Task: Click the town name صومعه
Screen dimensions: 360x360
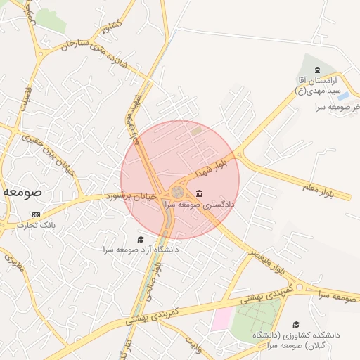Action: pos(22,191)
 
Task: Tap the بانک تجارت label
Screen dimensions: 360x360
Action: pos(39,226)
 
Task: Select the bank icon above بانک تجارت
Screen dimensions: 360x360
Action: pos(37,214)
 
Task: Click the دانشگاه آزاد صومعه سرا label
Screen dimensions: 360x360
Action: pos(141,250)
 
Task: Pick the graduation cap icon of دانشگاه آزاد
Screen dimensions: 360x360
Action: pos(140,239)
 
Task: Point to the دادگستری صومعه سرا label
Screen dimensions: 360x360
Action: pos(200,205)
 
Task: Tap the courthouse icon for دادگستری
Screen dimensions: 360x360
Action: pos(200,193)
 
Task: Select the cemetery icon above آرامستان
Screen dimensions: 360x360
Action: pos(318,70)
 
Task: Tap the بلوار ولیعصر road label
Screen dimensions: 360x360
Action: pos(268,260)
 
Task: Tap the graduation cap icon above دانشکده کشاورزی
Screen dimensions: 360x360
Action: pos(296,324)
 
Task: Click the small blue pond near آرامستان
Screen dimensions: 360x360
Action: pos(342,96)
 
